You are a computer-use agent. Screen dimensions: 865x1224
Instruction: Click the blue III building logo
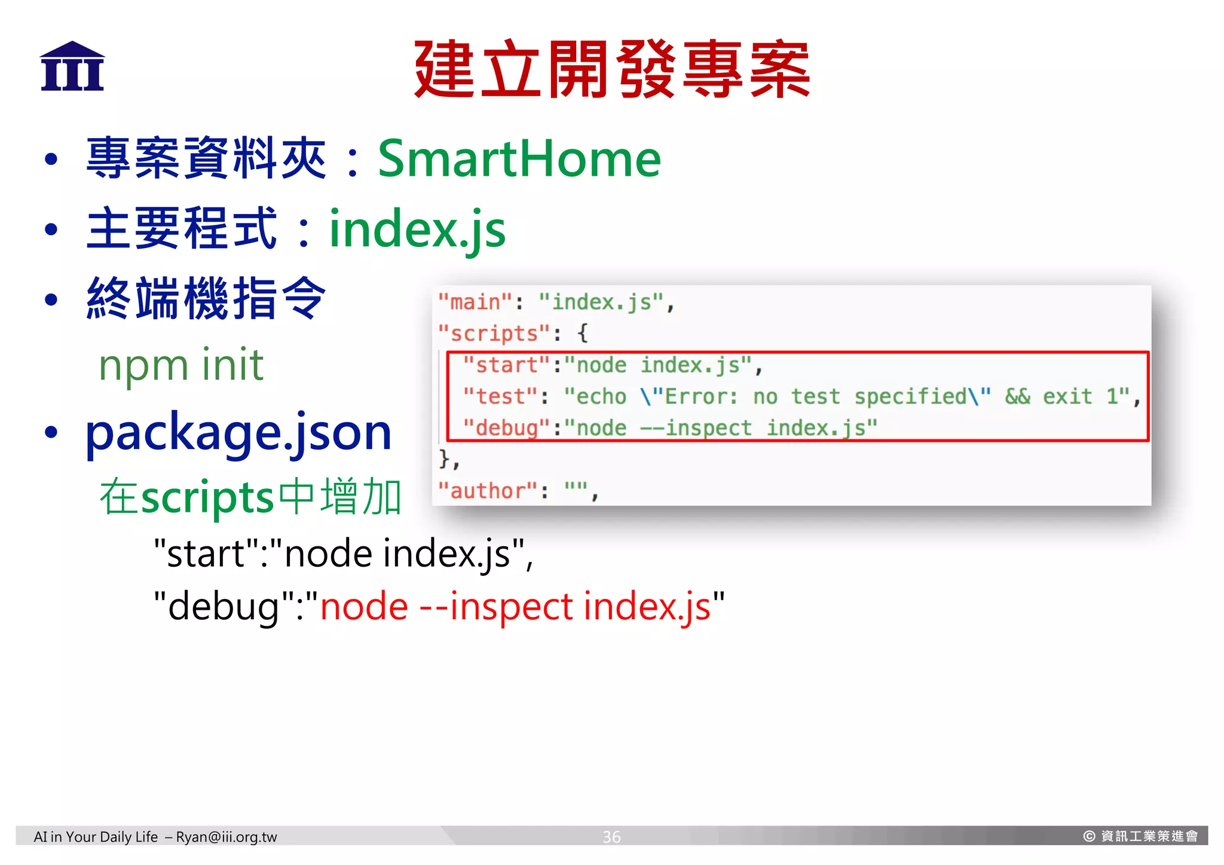72,66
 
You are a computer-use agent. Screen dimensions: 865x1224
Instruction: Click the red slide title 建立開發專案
611,69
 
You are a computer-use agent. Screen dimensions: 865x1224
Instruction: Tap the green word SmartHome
519,158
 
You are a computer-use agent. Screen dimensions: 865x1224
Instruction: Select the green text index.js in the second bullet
417,230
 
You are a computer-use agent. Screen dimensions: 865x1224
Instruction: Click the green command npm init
181,365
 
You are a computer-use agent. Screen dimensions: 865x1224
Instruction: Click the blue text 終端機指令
206,298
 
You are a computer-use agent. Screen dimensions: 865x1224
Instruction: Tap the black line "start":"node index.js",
343,554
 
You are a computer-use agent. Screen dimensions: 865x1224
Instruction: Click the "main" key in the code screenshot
475,302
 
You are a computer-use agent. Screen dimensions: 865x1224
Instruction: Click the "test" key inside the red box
501,396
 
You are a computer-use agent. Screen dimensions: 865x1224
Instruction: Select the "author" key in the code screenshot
488,491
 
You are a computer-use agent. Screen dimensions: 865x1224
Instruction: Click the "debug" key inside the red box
507,428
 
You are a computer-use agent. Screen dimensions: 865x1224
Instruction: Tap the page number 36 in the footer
611,837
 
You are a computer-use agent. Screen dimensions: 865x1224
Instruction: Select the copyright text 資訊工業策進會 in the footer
1149,836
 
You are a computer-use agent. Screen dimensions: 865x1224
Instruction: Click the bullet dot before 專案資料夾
51,160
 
